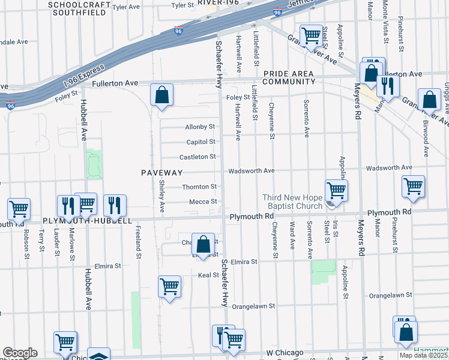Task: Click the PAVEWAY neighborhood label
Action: [x=161, y=172]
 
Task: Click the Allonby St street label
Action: [x=200, y=127]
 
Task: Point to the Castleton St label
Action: [x=197, y=157]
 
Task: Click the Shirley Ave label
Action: [x=162, y=199]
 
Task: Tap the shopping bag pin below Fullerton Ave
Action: [x=161, y=95]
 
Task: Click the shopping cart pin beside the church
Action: [x=336, y=191]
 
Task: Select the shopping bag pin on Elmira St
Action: [x=203, y=244]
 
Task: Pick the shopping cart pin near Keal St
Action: [x=170, y=286]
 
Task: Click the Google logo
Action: [x=20, y=353]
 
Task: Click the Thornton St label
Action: [x=199, y=187]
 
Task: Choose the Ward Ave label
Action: [x=292, y=236]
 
